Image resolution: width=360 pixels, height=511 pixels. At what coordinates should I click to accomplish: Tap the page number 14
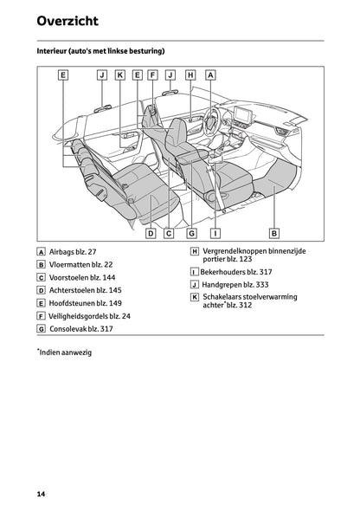pyautogui.click(x=41, y=494)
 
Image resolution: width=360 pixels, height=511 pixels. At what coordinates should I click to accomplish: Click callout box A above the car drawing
pyautogui.click(x=210, y=75)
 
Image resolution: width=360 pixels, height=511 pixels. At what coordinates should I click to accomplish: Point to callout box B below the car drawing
pyautogui.click(x=274, y=232)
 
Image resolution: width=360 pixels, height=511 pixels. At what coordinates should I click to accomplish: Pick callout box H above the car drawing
pyautogui.click(x=190, y=75)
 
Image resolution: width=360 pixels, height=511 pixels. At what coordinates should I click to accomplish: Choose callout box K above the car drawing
pyautogui.click(x=119, y=75)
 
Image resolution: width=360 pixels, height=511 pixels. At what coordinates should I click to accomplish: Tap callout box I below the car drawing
pyautogui.click(x=215, y=232)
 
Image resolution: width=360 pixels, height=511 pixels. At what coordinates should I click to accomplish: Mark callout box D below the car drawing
pyautogui.click(x=150, y=232)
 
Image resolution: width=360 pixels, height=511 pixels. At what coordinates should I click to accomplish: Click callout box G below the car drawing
pyautogui.click(x=191, y=232)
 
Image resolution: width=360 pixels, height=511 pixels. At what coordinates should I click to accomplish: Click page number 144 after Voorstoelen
pyautogui.click(x=112, y=278)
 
